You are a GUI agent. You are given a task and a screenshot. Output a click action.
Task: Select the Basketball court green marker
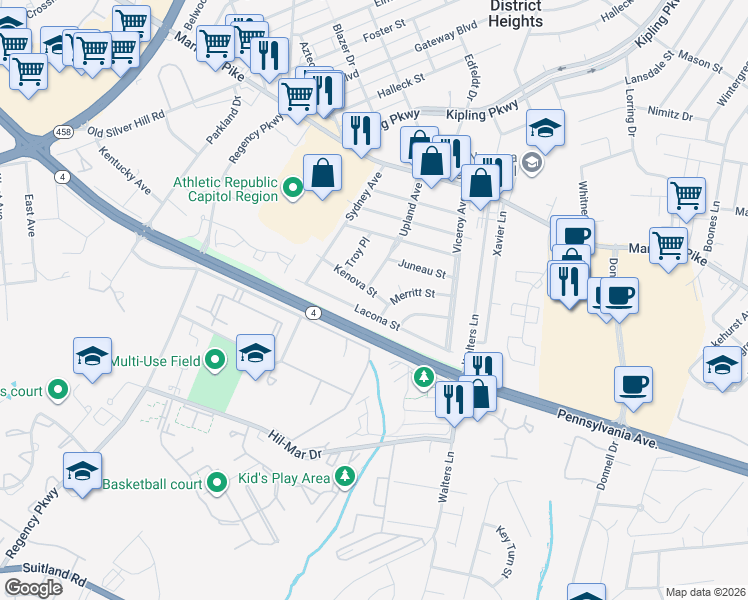coord(218,485)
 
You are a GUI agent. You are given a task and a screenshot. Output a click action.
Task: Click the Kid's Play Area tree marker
coord(345,477)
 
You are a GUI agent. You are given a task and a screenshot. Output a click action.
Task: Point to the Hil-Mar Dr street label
coord(299,439)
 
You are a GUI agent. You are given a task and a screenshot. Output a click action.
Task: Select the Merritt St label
coord(414,294)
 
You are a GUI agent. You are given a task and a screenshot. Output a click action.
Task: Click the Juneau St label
coord(420,268)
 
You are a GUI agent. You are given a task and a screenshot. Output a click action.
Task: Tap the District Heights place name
coord(516,14)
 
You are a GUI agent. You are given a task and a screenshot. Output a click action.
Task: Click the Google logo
coord(33,588)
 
